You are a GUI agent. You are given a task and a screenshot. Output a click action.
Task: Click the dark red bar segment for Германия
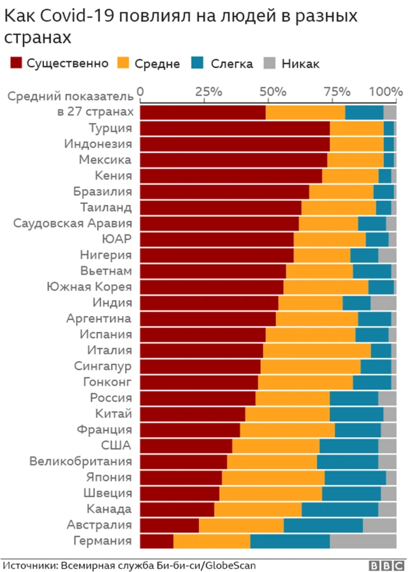tap(157, 541)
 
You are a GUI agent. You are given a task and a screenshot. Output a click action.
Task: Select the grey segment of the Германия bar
tap(363, 541)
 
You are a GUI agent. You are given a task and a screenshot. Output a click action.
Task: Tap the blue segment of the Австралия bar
tap(323, 525)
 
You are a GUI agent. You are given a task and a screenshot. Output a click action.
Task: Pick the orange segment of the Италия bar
tap(317, 350)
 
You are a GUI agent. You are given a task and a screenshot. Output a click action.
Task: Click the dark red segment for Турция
tap(235, 128)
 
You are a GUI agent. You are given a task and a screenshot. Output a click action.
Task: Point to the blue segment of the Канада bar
tap(340, 509)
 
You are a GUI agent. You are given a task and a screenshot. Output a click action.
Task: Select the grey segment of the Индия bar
tap(383, 303)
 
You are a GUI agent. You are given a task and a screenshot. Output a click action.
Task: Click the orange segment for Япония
tap(273, 477)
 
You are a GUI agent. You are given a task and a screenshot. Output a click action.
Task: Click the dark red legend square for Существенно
tap(15, 63)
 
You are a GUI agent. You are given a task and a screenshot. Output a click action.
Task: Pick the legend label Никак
tap(300, 64)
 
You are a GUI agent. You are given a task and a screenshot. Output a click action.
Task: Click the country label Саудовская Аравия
tap(73, 223)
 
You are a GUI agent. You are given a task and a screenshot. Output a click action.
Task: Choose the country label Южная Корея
tap(89, 287)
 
